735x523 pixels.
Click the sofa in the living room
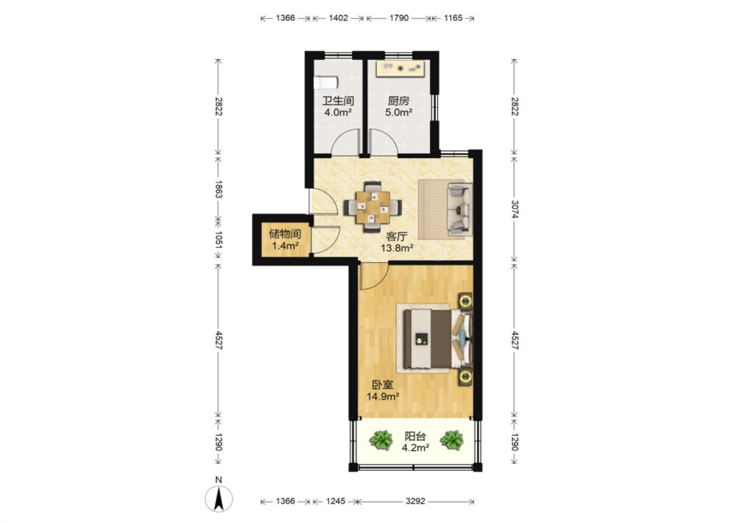tap(460, 209)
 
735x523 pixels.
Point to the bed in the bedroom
tap(438, 338)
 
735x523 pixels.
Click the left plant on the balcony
tap(381, 440)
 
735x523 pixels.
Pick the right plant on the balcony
tap(452, 440)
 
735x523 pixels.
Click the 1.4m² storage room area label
tap(285, 245)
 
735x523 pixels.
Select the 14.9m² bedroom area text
tap(383, 396)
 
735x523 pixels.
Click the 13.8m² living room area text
tap(397, 248)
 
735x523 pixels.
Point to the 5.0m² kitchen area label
tap(399, 112)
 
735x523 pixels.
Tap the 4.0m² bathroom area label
tap(338, 112)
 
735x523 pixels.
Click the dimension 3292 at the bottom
tap(416, 501)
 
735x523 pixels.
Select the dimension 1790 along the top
tap(399, 18)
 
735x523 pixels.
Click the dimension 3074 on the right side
tap(514, 209)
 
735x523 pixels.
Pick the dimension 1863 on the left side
tap(219, 189)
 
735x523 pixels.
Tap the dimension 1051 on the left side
tap(219, 241)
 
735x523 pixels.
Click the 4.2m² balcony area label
tap(416, 448)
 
